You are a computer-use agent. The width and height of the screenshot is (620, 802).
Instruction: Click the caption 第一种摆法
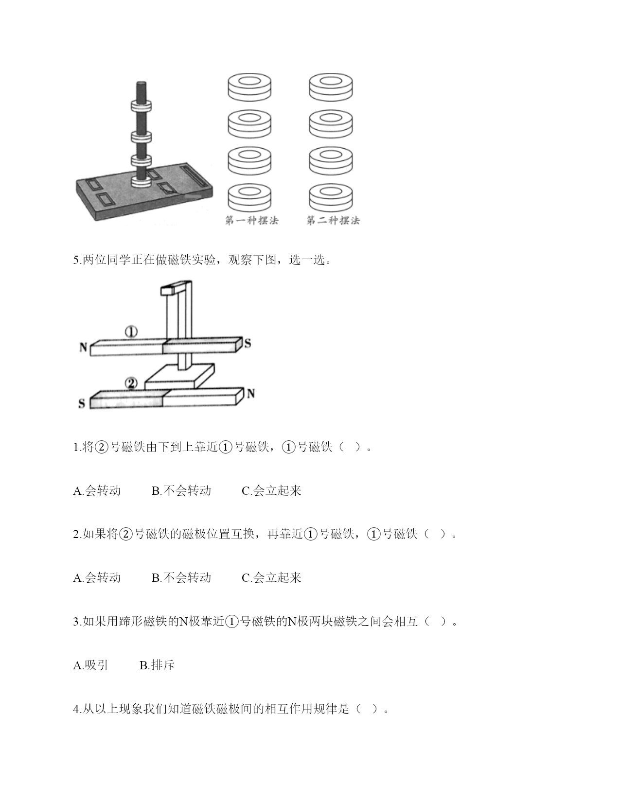tap(252, 220)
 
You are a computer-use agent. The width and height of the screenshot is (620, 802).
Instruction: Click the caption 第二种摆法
tap(333, 220)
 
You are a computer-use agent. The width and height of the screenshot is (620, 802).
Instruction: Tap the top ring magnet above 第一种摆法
tap(249, 87)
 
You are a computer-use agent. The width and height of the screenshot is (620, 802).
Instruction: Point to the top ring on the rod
tap(142, 105)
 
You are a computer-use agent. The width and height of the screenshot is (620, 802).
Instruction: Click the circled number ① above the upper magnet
tap(131, 332)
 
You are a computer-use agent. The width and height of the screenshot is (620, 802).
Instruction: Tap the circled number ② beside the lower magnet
tap(131, 384)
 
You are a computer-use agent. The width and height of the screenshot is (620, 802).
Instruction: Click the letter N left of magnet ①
tap(83, 347)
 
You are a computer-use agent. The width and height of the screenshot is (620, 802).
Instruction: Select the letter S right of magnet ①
tap(248, 343)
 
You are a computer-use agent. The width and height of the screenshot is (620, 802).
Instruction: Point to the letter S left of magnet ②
tap(82, 403)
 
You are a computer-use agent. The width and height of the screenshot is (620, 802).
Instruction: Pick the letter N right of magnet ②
tap(251, 393)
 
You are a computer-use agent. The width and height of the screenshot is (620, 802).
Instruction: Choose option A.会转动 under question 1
tap(97, 490)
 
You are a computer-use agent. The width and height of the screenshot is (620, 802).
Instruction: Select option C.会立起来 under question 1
tap(271, 490)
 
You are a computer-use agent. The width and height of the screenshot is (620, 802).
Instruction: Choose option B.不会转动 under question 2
tap(181, 577)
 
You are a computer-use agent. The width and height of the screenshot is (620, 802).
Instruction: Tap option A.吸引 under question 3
tap(91, 665)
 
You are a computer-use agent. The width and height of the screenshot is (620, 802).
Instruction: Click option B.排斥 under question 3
tap(157, 665)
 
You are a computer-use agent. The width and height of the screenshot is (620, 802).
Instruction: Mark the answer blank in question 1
tap(349, 447)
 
